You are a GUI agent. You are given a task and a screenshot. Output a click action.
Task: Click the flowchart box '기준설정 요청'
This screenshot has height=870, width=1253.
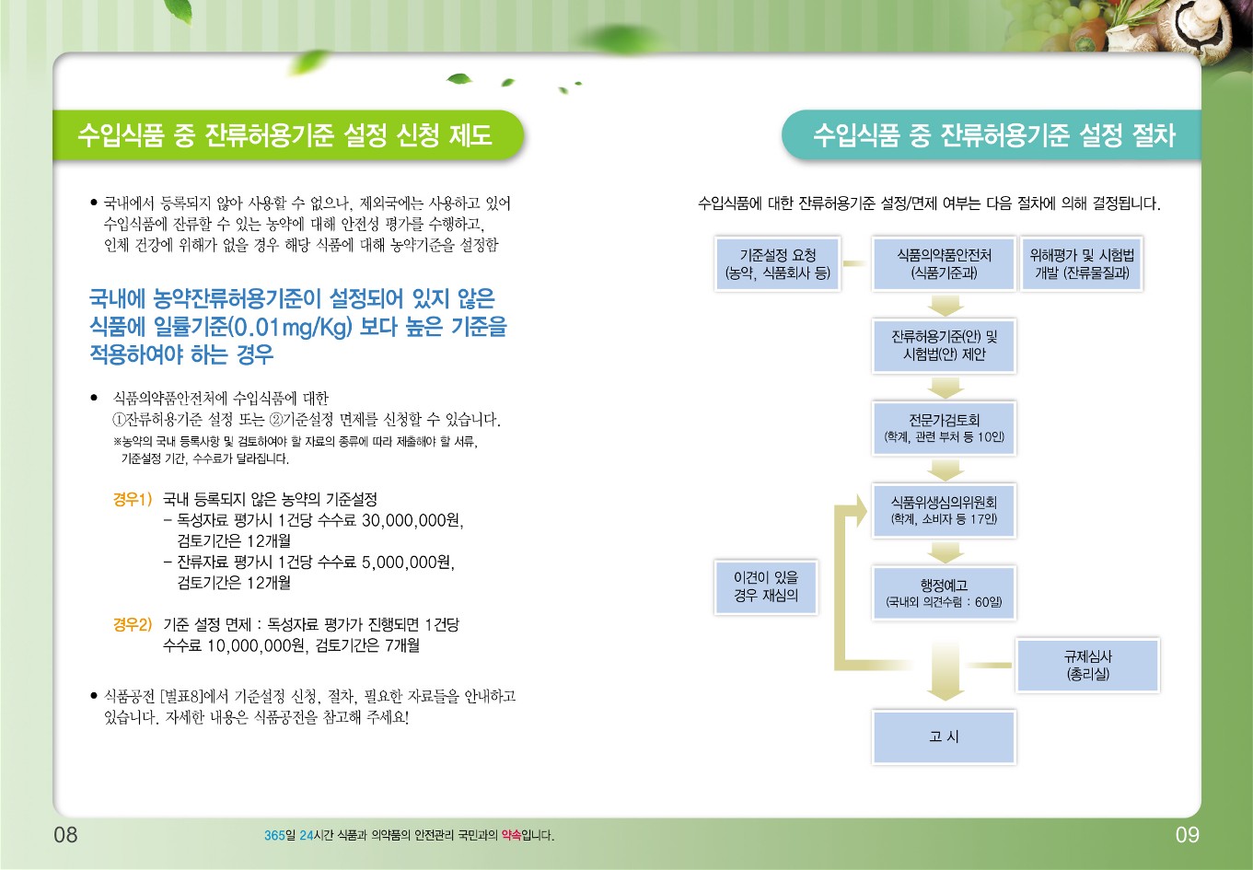point(778,264)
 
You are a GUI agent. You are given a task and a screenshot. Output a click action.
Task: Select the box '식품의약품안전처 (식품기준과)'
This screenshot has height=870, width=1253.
point(944,264)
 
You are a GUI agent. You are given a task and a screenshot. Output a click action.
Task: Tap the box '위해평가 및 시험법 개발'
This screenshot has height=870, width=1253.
point(1082,264)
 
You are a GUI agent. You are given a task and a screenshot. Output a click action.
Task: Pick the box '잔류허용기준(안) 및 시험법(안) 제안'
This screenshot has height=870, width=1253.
point(944,346)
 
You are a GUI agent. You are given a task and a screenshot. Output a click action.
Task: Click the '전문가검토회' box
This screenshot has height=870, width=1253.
point(944,428)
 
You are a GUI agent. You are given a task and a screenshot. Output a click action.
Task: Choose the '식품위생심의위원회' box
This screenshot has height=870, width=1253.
point(944,510)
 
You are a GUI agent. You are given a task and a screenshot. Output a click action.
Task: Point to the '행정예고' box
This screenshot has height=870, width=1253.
point(944,593)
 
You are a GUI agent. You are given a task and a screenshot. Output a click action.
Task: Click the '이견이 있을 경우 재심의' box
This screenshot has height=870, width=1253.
point(766,586)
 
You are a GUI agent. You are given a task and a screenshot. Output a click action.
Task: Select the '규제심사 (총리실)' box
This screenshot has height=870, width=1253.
point(1088,666)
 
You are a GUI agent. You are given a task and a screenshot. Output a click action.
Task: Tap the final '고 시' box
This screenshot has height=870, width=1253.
point(944,737)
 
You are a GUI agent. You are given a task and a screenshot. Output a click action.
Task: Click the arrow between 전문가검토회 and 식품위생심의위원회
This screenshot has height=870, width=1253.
point(945,470)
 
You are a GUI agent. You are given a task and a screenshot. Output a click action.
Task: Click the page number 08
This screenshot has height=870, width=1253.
point(65,835)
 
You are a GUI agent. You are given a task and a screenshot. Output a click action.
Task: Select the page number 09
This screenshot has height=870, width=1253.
point(1187,835)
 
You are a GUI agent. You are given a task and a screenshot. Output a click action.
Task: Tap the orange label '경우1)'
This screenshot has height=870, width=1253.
point(133,499)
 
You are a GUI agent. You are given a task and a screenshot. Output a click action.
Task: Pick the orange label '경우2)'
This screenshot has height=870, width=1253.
point(133,624)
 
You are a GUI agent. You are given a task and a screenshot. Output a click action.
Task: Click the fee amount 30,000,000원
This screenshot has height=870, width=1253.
point(412,521)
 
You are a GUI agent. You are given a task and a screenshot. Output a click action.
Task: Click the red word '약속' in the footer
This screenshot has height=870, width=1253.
point(511,835)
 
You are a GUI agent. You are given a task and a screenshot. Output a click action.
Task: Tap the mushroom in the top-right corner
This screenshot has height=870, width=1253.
point(1202,28)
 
